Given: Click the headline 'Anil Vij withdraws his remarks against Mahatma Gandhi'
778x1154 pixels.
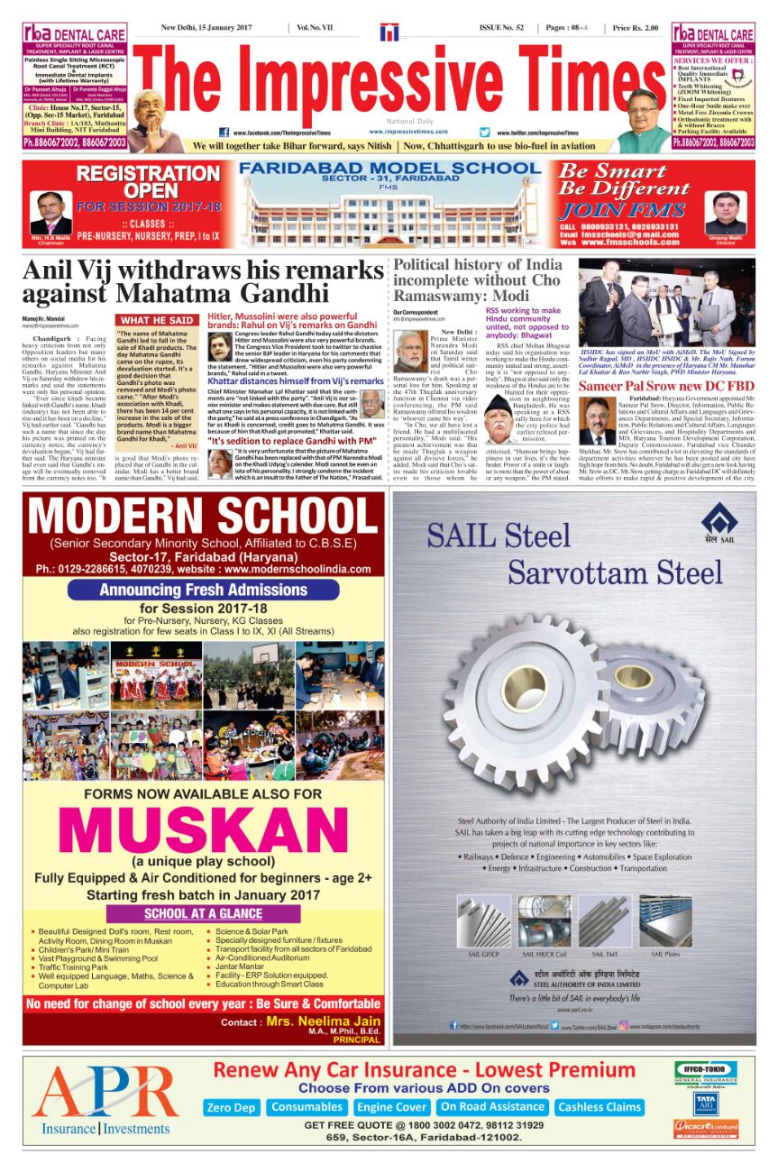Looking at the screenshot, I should tap(203, 282).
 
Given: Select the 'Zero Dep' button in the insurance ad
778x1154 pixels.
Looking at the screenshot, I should tap(232, 1106).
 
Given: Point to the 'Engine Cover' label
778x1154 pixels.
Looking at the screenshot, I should tap(391, 1106).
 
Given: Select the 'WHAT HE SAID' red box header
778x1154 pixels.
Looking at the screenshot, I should tap(155, 320).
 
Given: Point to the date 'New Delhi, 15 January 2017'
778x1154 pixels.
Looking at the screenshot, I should tap(206, 28).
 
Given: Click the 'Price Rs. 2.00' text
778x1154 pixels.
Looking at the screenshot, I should tap(636, 28).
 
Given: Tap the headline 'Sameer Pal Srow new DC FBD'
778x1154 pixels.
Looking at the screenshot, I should tap(666, 386).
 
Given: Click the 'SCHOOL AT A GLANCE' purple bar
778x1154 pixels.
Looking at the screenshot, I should tap(203, 913).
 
